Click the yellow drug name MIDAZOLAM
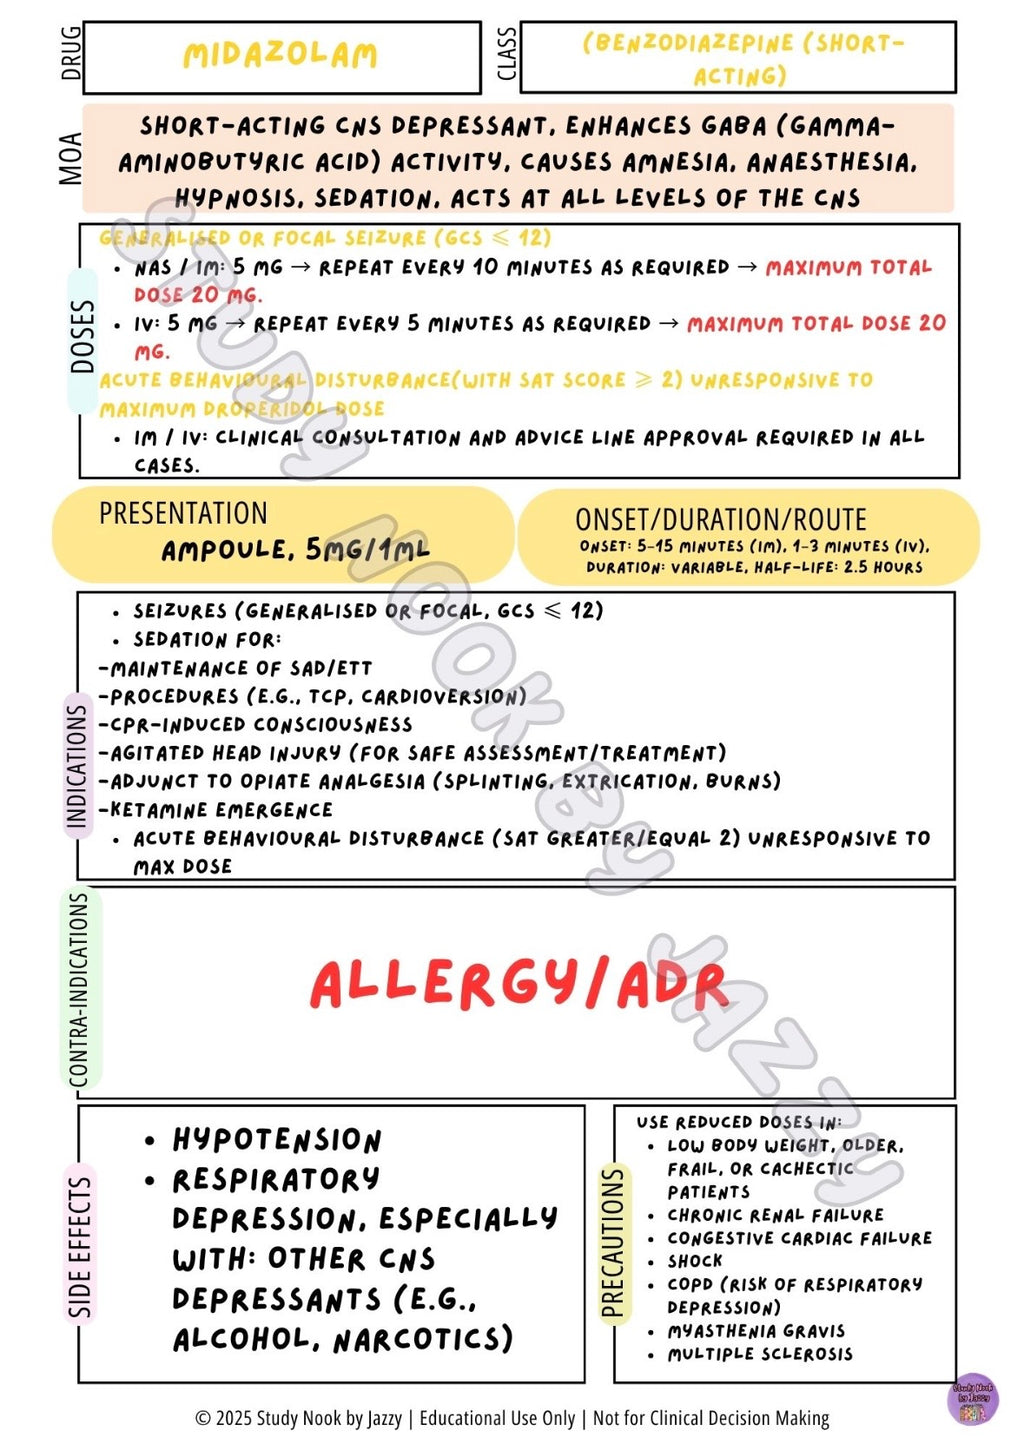point(280,54)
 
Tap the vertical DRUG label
point(71,54)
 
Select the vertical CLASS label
point(507,54)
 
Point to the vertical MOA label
point(70,158)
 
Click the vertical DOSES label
point(82,336)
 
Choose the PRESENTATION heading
point(183,513)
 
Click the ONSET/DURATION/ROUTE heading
point(720,520)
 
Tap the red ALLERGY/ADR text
point(518,984)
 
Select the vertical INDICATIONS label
point(77,765)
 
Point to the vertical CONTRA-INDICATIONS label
point(79,989)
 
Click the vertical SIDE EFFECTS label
point(80,1245)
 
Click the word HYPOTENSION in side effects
point(277,1140)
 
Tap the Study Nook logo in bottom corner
point(972,1397)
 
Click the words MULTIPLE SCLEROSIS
point(760,1354)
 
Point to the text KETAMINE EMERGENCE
point(221,810)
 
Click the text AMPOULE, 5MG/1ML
point(295,550)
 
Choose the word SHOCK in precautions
point(695,1261)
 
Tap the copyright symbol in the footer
point(203,1418)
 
